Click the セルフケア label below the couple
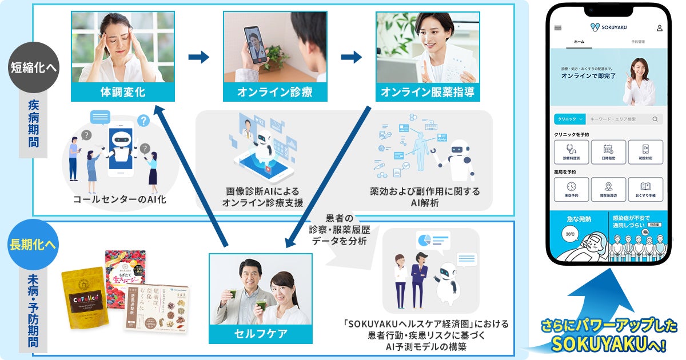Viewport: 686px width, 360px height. coord(261,334)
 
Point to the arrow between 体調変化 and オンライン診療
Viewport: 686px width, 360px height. coord(199,57)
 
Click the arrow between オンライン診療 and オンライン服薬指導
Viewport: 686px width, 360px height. coord(352,57)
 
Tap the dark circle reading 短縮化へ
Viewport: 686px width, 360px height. coord(34,68)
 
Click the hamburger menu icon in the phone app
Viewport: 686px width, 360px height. coord(558,27)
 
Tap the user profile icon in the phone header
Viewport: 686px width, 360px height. coord(659,27)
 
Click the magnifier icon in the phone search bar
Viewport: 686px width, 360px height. coord(655,119)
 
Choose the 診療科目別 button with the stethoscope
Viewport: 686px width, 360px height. coord(571,151)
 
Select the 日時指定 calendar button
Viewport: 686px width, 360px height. coord(608,151)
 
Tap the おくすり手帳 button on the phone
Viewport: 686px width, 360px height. coord(645,189)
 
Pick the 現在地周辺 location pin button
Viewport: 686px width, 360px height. coord(608,189)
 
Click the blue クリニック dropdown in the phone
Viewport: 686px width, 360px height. coord(569,119)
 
